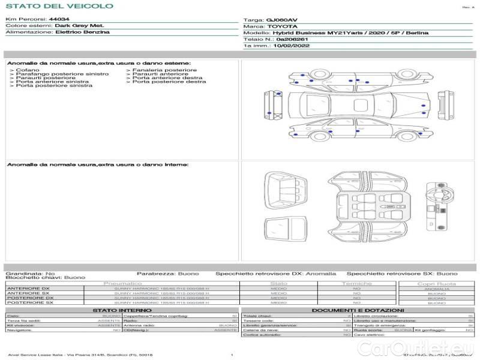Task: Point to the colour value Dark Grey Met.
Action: (79, 26)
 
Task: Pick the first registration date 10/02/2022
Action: (292, 45)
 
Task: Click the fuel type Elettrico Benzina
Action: (82, 32)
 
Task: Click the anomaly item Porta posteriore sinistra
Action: (54, 86)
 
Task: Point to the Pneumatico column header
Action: (122, 283)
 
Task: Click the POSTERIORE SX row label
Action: (29, 303)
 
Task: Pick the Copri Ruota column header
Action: (436, 283)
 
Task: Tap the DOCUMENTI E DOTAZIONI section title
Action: (356, 310)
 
